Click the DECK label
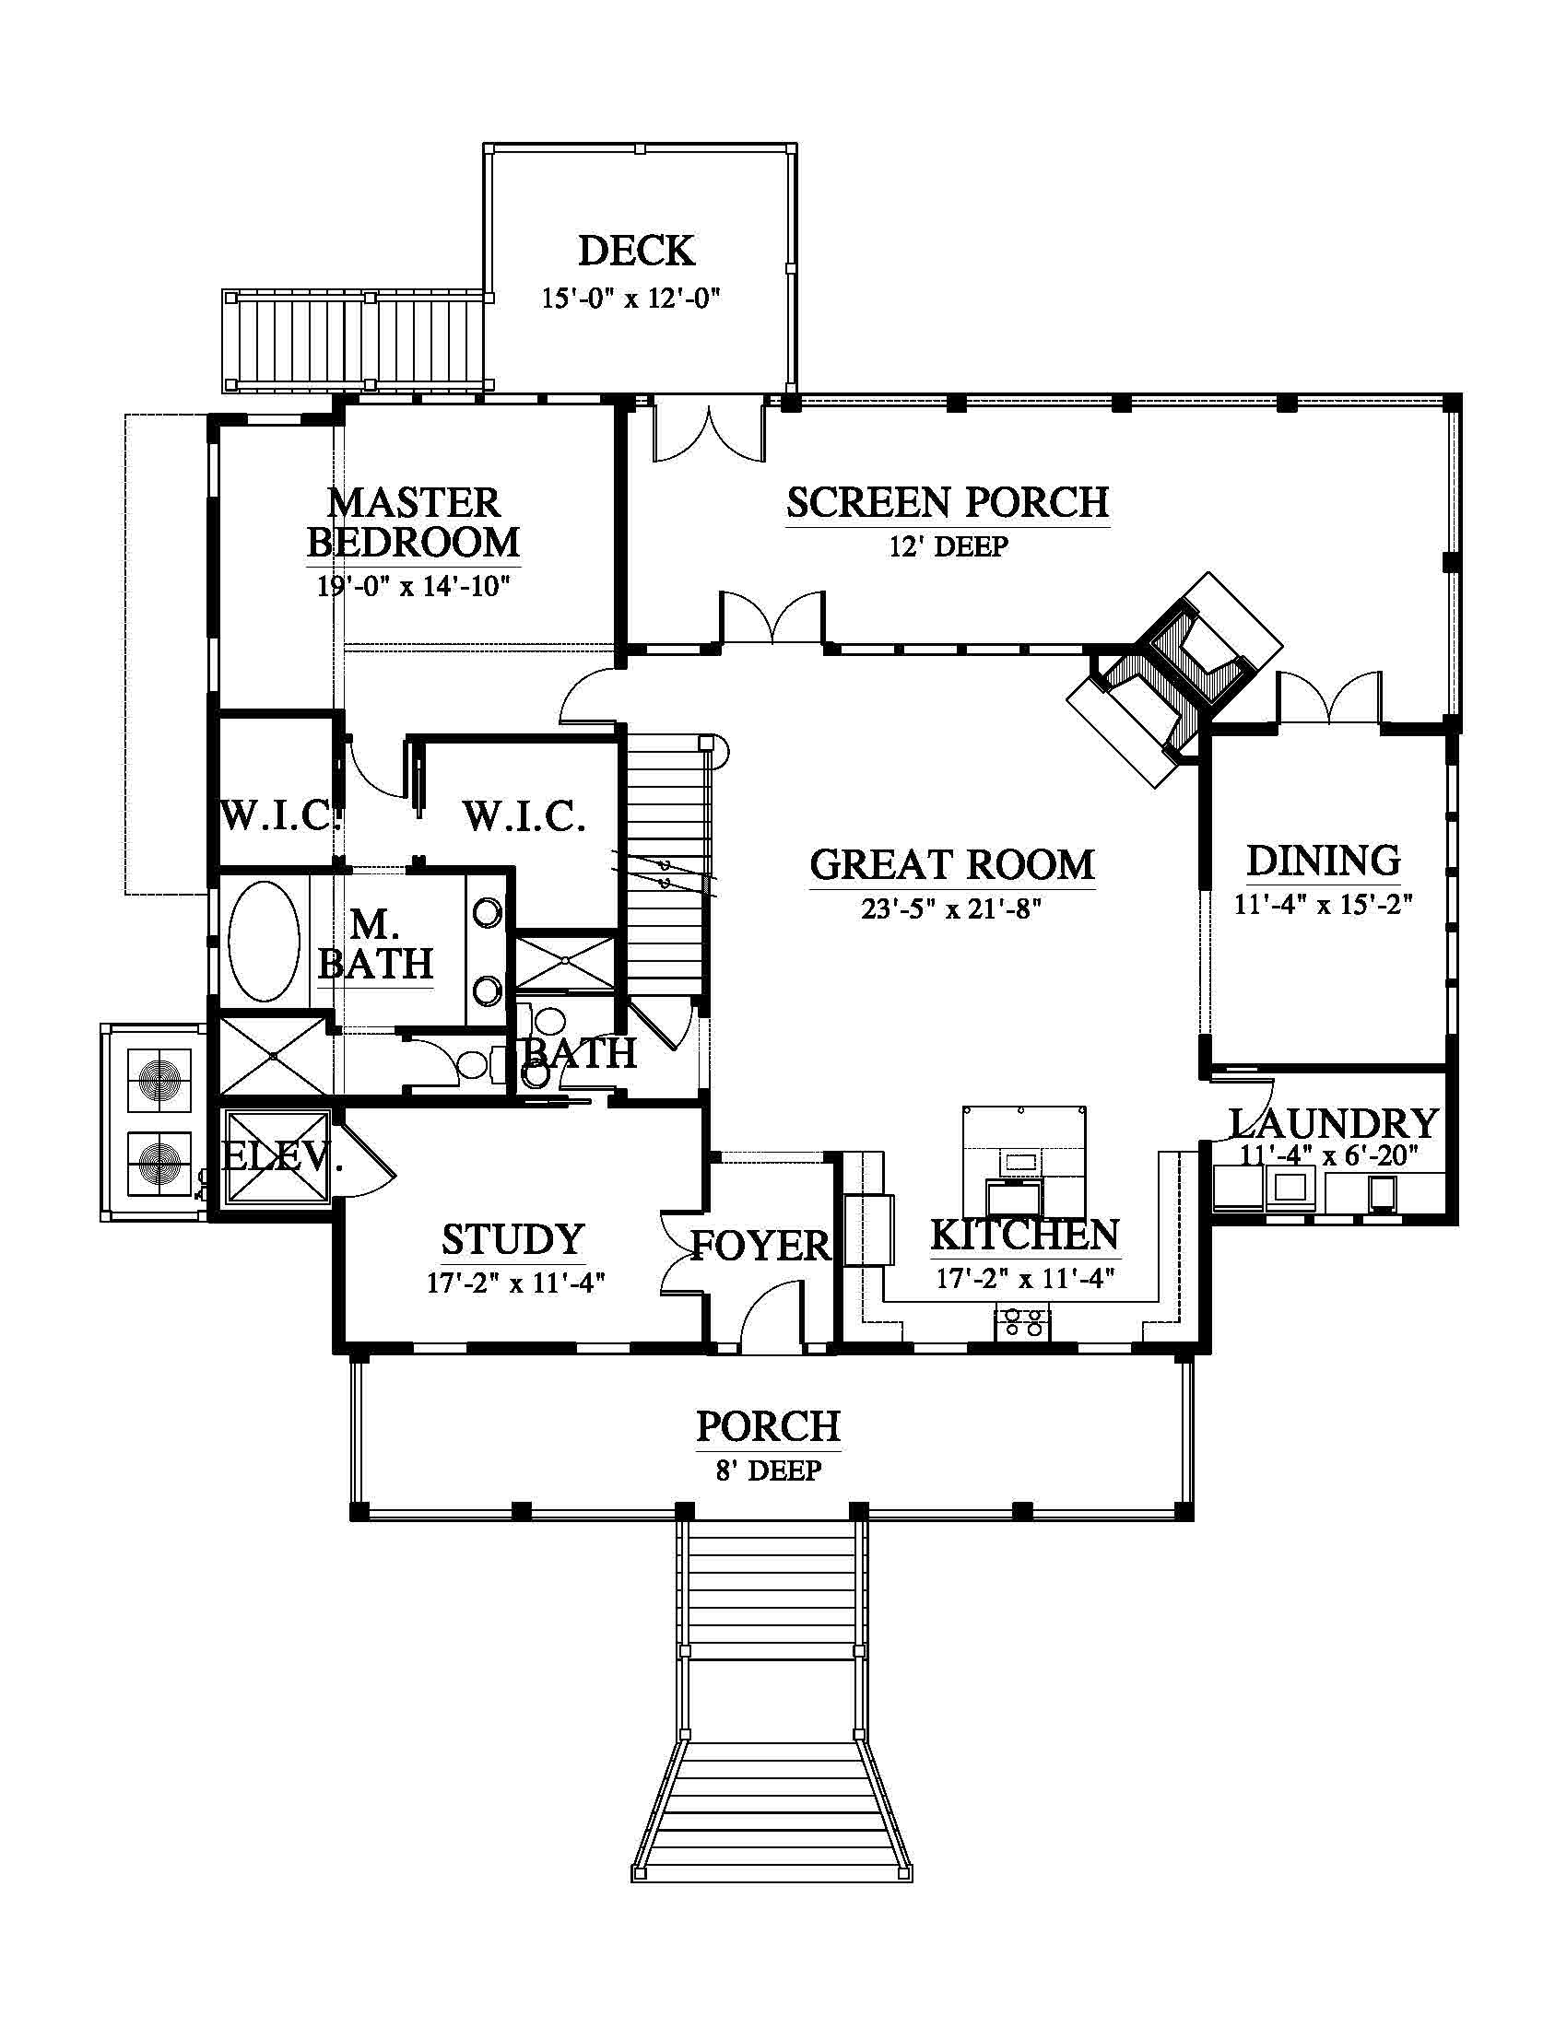pos(636,251)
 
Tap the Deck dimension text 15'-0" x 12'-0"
pos(631,298)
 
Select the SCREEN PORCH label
pos(948,502)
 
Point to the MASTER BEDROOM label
pos(413,522)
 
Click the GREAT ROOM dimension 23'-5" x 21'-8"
pos(951,908)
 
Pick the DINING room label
pos(1323,861)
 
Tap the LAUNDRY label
pos(1334,1124)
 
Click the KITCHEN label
pos(1025,1236)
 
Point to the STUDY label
pos(513,1240)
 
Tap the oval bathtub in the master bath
pos(264,941)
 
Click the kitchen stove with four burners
pos(1022,1321)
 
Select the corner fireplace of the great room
pos(1175,680)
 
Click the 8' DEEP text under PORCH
pos(769,1470)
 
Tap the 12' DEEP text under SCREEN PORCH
pos(948,545)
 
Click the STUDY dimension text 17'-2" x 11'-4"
pos(516,1283)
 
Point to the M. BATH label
pos(376,943)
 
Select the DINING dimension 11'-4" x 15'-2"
pos(1323,903)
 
